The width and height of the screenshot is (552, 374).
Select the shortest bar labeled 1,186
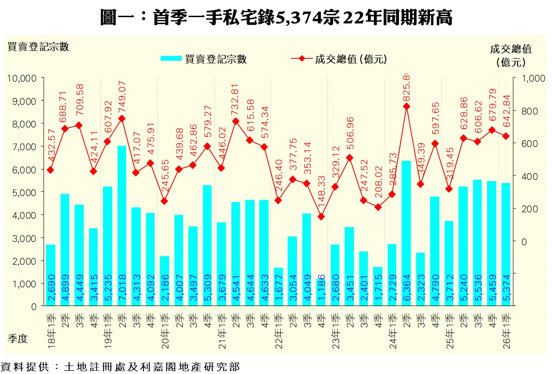321,292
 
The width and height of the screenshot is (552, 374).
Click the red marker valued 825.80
406,107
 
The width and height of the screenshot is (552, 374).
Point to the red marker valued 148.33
321,216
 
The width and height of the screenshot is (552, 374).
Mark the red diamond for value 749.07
122,119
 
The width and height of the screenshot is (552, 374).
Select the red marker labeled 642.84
506,136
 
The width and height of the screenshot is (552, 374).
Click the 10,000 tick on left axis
21,78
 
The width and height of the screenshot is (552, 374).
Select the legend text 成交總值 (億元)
351,59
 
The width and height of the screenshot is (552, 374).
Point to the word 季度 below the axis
18,339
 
